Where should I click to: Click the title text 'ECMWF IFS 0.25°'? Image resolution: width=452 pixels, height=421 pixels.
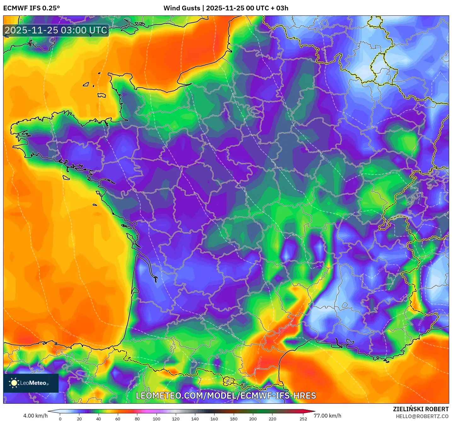point(31,8)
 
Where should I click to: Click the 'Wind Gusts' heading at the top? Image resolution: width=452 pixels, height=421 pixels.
point(181,8)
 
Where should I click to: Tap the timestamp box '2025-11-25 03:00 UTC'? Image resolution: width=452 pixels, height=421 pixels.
point(56,30)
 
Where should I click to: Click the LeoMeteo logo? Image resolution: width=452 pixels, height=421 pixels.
point(31,383)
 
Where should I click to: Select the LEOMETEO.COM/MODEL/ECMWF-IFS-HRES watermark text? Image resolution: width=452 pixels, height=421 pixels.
point(226,396)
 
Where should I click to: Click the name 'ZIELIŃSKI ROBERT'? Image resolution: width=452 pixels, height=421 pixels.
point(421,409)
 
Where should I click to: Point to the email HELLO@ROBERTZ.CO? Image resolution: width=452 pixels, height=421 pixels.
point(422,416)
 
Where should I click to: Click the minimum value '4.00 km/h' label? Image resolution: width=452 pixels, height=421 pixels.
point(35,416)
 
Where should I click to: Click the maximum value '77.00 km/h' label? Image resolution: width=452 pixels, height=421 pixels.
point(328,416)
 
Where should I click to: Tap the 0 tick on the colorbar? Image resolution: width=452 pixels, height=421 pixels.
point(60,419)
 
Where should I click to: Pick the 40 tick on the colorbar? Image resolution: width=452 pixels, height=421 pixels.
point(99,419)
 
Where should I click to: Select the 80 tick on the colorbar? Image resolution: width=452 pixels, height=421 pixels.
point(137,419)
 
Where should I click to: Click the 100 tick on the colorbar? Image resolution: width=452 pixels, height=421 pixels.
point(157,419)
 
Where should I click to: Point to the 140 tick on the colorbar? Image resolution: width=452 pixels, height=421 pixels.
point(195,419)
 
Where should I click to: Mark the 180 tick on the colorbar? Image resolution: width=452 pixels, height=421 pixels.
point(234,419)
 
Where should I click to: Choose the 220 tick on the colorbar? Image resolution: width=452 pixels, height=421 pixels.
point(272,419)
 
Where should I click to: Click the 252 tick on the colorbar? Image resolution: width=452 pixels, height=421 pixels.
point(303,419)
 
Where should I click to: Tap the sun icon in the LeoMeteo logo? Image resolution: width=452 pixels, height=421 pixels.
point(14,383)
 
